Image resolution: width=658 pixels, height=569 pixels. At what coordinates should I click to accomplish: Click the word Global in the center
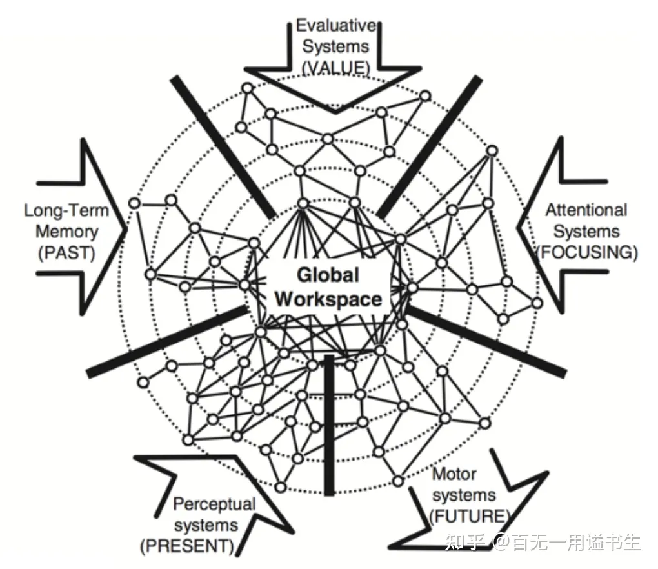coord(327,275)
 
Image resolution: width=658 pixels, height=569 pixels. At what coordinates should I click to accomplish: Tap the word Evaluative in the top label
coord(335,26)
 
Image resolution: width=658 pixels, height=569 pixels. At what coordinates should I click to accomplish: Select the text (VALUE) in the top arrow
coord(335,66)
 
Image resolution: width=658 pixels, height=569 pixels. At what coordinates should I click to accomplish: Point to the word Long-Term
coord(66,211)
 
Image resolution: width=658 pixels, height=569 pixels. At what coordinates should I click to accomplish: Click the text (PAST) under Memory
coord(66,252)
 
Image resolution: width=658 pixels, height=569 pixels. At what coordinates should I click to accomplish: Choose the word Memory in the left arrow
coord(66,232)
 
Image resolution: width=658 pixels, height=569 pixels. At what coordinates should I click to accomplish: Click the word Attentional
coord(586,210)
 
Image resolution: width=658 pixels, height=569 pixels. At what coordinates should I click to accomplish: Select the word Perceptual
coord(214,504)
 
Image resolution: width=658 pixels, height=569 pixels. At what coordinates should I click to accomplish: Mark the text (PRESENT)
coord(187,546)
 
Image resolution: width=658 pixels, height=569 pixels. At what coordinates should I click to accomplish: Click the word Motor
coord(454,475)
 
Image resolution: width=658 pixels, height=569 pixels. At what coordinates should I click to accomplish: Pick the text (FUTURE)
coord(469,516)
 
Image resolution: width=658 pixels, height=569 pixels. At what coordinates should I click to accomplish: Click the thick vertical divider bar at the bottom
coord(329,426)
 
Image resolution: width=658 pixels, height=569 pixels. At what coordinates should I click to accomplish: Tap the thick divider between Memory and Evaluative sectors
coord(223,145)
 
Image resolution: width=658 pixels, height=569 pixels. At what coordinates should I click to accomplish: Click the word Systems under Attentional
coord(586,232)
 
